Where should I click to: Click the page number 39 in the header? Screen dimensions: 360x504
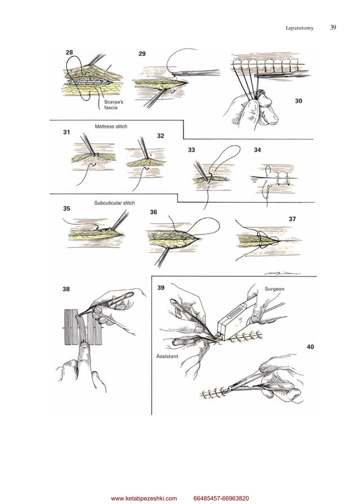pyautogui.click(x=333, y=27)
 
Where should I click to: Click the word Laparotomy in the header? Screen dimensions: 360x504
pyautogui.click(x=300, y=28)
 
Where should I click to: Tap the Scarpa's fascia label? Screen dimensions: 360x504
pyautogui.click(x=113, y=105)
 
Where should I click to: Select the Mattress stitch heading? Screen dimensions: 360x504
pyautogui.click(x=111, y=126)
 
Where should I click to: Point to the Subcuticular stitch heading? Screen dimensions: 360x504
pyautogui.click(x=115, y=203)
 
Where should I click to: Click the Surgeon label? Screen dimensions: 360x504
pyautogui.click(x=274, y=289)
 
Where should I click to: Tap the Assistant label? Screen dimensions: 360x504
pyautogui.click(x=167, y=356)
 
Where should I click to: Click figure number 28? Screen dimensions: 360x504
pyautogui.click(x=69, y=52)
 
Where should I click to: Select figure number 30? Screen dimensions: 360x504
pyautogui.click(x=298, y=101)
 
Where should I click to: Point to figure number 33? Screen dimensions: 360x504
pyautogui.click(x=191, y=150)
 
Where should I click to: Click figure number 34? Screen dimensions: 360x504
pyautogui.click(x=257, y=150)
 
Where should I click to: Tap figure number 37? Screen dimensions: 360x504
pyautogui.click(x=292, y=219)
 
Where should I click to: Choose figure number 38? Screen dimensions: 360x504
pyautogui.click(x=66, y=290)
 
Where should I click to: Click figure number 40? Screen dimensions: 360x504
pyautogui.click(x=310, y=347)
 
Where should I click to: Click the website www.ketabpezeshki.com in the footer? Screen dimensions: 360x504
pyautogui.click(x=144, y=498)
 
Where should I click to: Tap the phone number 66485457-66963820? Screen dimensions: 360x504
pyautogui.click(x=221, y=498)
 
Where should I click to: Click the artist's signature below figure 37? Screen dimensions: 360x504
pyautogui.click(x=283, y=274)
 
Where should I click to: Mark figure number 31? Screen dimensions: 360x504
pyautogui.click(x=67, y=133)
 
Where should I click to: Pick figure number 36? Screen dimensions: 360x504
pyautogui.click(x=153, y=212)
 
